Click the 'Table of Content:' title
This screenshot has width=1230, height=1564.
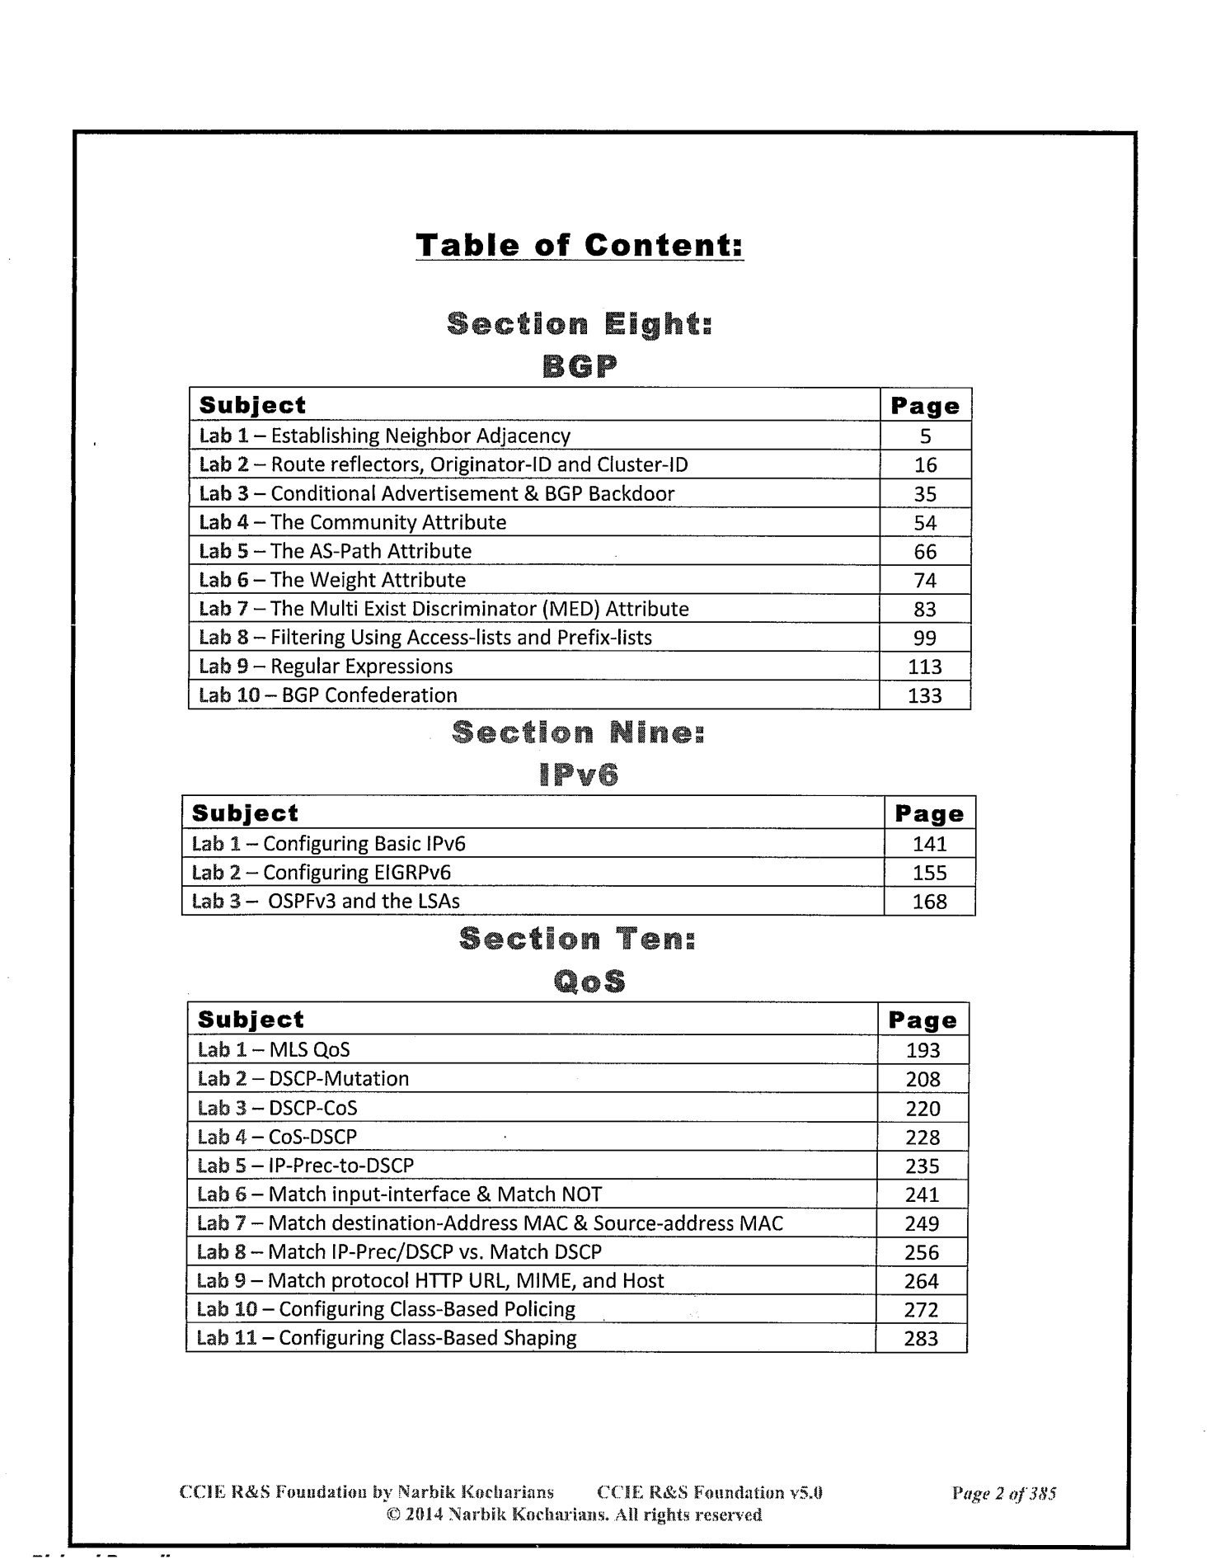580,245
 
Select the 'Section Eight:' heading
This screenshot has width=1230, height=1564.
579,324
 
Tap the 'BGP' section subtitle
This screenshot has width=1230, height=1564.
580,366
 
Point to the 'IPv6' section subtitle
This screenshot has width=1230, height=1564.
579,775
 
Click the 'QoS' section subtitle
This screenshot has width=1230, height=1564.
589,981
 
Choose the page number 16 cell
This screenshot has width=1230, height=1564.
925,464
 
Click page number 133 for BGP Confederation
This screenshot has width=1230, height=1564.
924,695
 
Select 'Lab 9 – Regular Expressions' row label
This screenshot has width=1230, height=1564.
326,667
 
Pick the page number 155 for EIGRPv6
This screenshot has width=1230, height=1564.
929,873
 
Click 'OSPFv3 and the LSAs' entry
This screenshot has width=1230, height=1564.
326,901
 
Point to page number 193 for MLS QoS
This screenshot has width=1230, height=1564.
922,1050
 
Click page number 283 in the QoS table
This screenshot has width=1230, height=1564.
921,1338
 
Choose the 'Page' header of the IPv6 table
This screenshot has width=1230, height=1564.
929,814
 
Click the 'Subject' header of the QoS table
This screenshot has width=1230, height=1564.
251,1020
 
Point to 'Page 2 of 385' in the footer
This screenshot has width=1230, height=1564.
1003,1493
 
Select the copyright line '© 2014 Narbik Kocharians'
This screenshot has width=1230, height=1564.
574,1515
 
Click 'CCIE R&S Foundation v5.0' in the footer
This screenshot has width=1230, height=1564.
709,1493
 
